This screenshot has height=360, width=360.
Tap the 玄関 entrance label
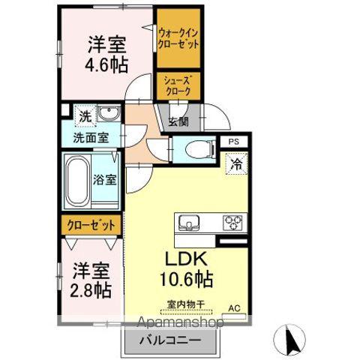pyautogui.click(x=178, y=122)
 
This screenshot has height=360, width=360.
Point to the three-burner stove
pyautogui.click(x=232, y=222)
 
